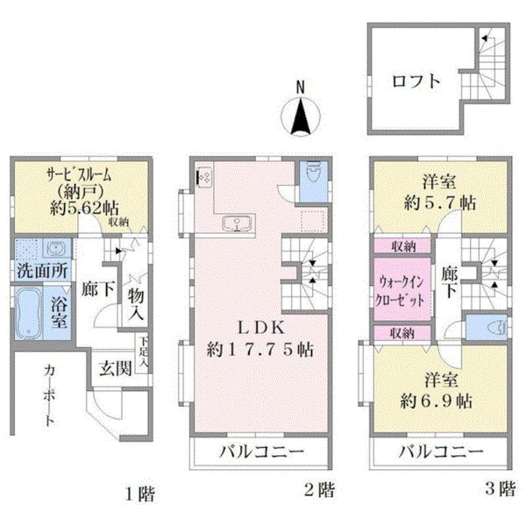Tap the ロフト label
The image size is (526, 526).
point(416,82)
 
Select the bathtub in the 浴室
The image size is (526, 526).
point(29,312)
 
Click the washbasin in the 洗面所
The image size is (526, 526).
point(56,249)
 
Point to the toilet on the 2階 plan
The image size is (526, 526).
point(313,172)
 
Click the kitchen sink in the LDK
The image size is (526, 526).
point(238,223)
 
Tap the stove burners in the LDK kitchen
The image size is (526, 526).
point(204,176)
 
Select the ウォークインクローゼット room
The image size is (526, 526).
point(402,289)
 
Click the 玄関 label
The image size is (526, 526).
point(116,369)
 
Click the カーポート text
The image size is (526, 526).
point(49,395)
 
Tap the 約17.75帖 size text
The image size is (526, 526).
point(260,350)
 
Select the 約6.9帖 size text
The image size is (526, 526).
point(437,401)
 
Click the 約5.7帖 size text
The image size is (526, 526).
point(440,203)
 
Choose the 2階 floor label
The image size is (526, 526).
point(319,490)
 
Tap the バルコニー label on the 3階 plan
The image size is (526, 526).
point(441,451)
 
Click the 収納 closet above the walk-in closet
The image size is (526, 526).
point(402,245)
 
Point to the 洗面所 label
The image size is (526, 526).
point(43,270)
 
